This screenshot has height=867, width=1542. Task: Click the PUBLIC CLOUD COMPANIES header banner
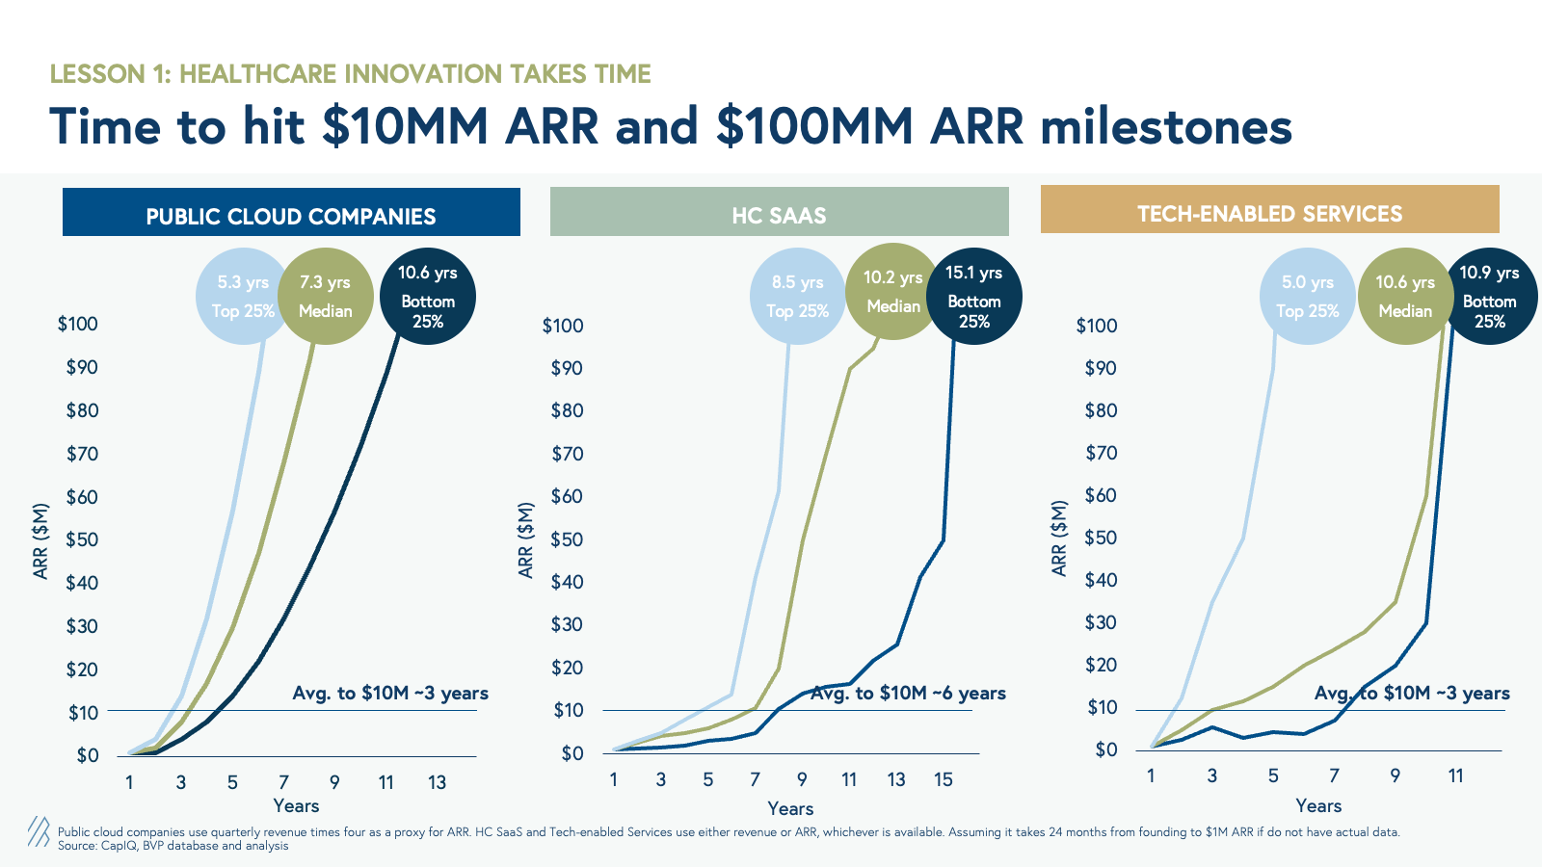coord(291,213)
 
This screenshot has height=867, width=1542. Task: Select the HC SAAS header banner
coord(779,213)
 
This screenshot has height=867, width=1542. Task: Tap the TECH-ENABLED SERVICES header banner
coord(1269,210)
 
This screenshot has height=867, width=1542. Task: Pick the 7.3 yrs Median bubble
coord(326,297)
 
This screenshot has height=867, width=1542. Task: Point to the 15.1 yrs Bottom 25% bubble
coord(974,297)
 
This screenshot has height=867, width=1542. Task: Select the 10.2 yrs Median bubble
coord(892,292)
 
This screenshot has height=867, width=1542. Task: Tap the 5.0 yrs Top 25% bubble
coord(1307,297)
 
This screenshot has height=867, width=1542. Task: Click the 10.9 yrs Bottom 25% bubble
coord(1489,297)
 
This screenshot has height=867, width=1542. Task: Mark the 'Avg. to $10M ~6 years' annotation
coord(908,693)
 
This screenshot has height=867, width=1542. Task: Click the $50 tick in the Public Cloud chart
coord(82,539)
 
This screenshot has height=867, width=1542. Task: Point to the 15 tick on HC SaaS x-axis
coord(944,779)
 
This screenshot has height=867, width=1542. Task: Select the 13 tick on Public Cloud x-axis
coord(437,782)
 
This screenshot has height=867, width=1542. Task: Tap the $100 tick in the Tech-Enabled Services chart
coord(1097,326)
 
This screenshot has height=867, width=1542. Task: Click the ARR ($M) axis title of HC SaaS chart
coord(525,539)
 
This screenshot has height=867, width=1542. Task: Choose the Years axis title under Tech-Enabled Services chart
coord(1318,806)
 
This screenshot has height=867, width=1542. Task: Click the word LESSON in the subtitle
coord(97,74)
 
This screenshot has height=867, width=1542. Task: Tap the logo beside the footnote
coord(39,831)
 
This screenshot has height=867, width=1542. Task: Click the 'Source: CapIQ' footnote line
coord(173,846)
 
